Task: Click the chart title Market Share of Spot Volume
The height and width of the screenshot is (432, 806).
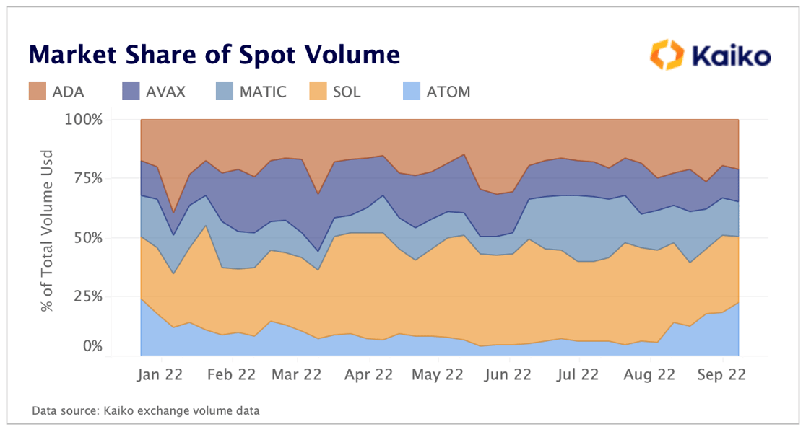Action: point(214,54)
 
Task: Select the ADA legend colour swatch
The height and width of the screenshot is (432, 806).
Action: point(36,92)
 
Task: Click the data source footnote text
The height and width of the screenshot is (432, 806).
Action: point(145,411)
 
